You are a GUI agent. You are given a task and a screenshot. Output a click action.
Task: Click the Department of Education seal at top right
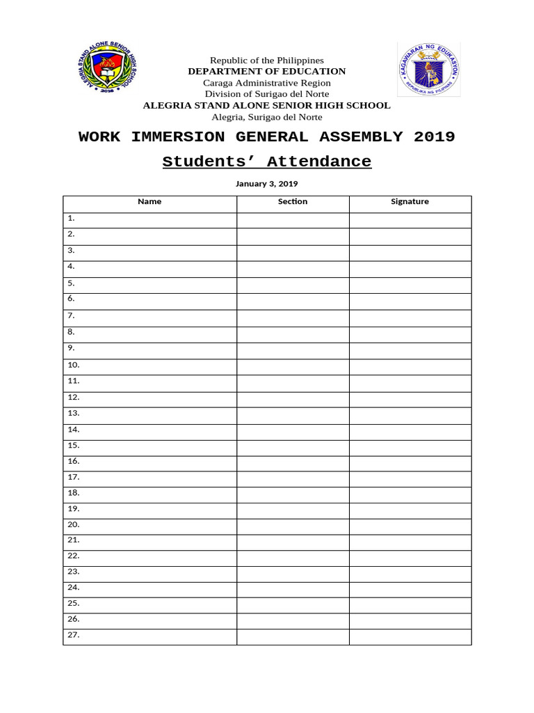click(x=428, y=70)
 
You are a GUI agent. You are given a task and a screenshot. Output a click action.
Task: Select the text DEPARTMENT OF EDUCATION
click(x=266, y=71)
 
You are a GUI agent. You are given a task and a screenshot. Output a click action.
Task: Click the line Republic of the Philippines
click(x=267, y=61)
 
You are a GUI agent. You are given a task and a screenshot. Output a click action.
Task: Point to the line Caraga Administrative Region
click(x=266, y=83)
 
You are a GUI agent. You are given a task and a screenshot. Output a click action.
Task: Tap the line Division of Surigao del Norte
click(x=266, y=94)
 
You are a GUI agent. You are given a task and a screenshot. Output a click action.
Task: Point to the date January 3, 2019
click(x=266, y=184)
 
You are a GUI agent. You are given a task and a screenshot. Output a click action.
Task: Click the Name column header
click(x=149, y=202)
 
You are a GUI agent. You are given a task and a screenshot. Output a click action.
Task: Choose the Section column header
click(x=293, y=202)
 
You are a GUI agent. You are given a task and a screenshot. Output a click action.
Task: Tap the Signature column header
click(x=410, y=202)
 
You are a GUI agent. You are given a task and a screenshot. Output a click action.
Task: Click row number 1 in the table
click(x=71, y=218)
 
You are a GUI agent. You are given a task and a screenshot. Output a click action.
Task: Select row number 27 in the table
click(x=74, y=635)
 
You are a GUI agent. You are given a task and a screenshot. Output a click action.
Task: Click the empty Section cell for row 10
click(x=293, y=366)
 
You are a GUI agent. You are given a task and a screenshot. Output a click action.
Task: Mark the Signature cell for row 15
click(x=410, y=446)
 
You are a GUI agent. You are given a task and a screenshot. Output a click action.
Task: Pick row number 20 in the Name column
click(x=74, y=524)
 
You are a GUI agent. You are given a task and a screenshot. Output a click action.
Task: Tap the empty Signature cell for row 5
click(x=410, y=285)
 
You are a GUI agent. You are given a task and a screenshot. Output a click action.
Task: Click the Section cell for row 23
click(x=293, y=572)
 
